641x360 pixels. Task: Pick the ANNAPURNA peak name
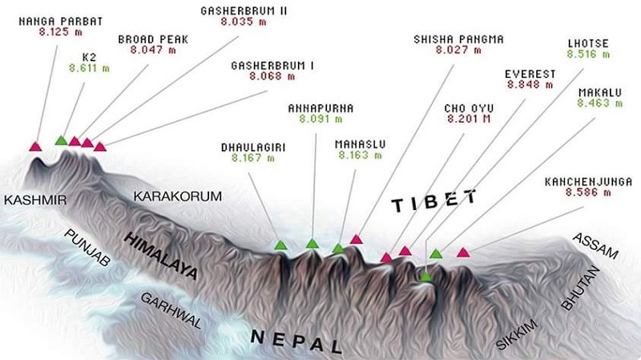click(320, 107)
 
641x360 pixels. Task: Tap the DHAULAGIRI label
click(255, 147)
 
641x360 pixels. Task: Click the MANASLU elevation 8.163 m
click(361, 156)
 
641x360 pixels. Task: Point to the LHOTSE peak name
click(587, 42)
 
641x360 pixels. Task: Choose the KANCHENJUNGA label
click(587, 182)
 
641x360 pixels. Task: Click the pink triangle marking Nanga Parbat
click(35, 146)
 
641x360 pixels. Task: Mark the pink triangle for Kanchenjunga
click(463, 253)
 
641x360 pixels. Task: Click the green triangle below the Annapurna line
click(312, 243)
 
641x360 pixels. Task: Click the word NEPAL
click(296, 340)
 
